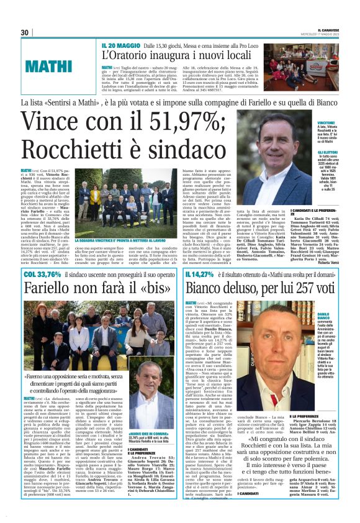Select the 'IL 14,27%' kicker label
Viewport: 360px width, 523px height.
pyautogui.click(x=201, y=274)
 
